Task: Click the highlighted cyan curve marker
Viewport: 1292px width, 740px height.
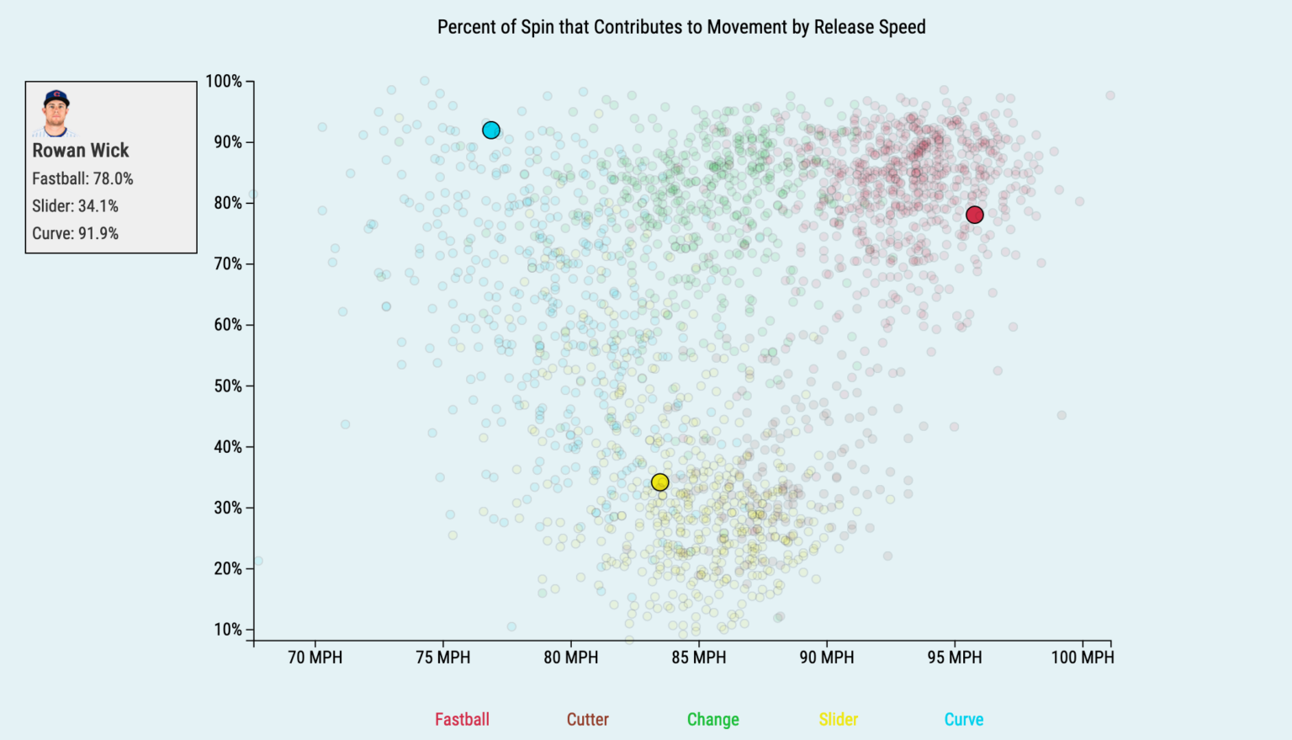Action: point(491,130)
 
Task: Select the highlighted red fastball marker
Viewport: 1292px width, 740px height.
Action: point(974,215)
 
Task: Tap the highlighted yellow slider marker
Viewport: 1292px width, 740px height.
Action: point(660,482)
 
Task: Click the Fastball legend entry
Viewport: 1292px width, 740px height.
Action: point(462,720)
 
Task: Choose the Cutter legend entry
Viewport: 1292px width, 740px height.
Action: point(587,720)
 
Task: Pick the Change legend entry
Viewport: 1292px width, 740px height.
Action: point(712,720)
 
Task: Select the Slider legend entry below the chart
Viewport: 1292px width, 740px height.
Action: point(839,720)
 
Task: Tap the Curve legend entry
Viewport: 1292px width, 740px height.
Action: point(963,720)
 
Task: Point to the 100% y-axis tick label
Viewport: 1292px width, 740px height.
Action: point(224,82)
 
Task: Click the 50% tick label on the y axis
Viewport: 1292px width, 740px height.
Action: point(227,386)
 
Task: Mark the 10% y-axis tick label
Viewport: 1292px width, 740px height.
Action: point(227,630)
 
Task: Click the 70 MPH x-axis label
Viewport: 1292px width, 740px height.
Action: point(315,657)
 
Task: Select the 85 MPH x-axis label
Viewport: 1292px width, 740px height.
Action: point(698,657)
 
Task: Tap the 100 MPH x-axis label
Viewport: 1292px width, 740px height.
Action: point(1082,657)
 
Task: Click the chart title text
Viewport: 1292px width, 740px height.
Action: point(681,27)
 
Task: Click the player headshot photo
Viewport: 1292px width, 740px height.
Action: point(56,113)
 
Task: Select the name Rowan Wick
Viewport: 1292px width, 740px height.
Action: point(81,151)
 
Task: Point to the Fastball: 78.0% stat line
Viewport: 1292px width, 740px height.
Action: point(82,178)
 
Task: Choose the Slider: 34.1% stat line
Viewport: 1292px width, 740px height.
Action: point(75,206)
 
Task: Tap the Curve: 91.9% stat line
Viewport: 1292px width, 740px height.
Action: point(75,233)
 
